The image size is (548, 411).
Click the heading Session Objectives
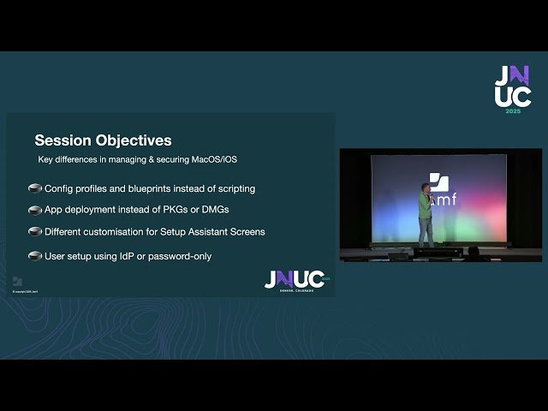point(103,140)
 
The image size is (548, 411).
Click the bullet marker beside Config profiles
point(35,188)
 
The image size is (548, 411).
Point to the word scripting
point(233,188)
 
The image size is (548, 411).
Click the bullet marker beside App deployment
point(35,210)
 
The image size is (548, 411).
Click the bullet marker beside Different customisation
point(35,231)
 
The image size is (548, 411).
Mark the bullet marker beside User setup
point(35,256)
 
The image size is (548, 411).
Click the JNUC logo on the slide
point(295,280)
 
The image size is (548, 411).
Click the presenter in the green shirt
point(424,217)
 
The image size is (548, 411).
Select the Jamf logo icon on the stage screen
point(438,182)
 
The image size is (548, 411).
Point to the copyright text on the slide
point(26,292)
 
